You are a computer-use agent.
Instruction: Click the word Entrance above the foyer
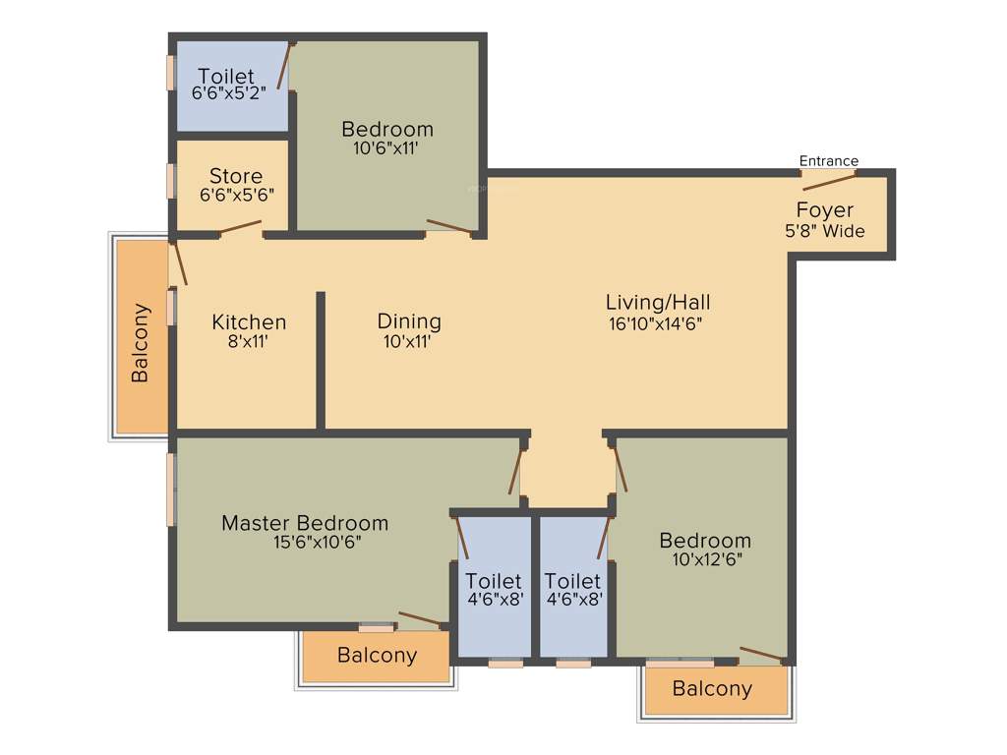coord(828,161)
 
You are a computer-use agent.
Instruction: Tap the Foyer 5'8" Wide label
coord(824,220)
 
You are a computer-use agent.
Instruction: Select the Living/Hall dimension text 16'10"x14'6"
coord(657,322)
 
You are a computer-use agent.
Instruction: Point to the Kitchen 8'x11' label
coord(249,331)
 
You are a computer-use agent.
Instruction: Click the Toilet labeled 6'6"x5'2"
coord(228,85)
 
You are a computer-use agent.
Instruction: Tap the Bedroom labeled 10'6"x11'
coord(387,139)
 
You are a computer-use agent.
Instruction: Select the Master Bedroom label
coord(305,532)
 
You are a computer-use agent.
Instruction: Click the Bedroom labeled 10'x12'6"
coord(705,550)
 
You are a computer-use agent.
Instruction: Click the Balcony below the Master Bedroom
coord(377,656)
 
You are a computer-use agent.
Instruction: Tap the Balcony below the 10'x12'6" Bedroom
coord(712,689)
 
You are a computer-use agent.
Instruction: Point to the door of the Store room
coord(240,230)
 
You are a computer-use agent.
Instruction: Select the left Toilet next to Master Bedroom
coord(494,589)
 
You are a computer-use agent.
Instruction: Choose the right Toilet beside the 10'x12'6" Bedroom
coord(573,589)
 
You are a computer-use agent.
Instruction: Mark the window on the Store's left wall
coord(171,181)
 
